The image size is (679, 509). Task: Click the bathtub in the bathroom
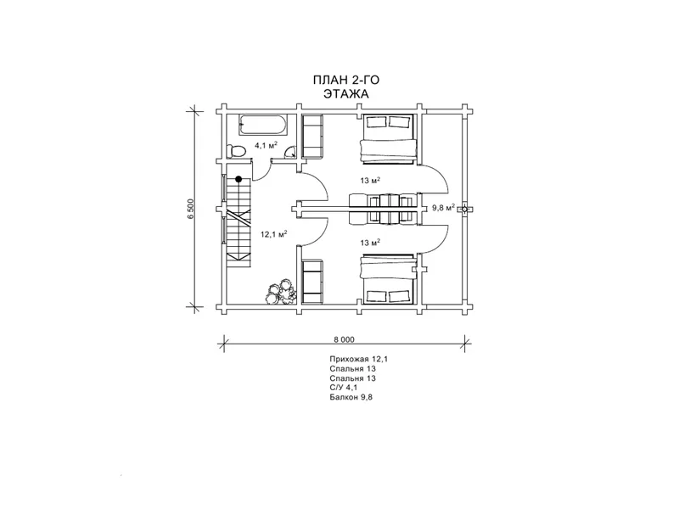click(261, 125)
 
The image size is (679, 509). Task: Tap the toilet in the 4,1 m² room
click(237, 151)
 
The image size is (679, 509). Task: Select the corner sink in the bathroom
click(289, 152)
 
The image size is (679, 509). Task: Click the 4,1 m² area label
click(266, 145)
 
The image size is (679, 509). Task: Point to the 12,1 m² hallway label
click(273, 234)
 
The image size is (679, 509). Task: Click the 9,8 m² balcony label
click(443, 208)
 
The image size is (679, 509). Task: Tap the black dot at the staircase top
click(238, 179)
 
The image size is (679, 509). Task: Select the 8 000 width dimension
click(344, 340)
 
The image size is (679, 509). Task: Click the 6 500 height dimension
click(191, 209)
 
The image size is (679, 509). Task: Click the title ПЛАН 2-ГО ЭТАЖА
click(346, 87)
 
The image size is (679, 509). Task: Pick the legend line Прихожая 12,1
click(356, 359)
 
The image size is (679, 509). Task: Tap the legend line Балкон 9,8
click(351, 397)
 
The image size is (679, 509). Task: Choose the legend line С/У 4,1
click(343, 388)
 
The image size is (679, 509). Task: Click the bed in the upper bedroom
click(388, 138)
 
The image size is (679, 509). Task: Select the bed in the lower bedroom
click(388, 279)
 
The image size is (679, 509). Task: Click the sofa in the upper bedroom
click(312, 136)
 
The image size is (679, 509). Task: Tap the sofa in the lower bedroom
click(312, 282)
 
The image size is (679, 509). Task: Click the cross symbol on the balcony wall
click(464, 210)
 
